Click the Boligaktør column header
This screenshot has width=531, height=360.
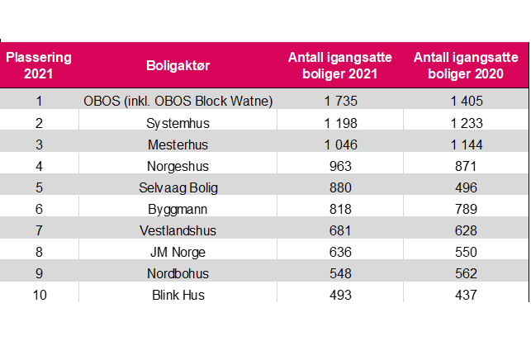178,65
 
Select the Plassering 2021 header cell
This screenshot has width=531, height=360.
39,65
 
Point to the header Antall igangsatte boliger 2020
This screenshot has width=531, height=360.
465,65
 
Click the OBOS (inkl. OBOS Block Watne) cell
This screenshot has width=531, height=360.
178,101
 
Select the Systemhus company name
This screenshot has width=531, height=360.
178,123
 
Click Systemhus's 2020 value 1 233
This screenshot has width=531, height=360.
465,123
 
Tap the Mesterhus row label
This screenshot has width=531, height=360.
178,144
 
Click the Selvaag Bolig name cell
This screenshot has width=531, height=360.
178,187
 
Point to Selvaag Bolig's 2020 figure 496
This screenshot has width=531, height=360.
465,187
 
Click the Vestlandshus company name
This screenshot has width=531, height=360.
178,230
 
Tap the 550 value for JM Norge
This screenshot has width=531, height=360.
465,252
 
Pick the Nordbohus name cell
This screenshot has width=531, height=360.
178,273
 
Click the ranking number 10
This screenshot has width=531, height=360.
39,295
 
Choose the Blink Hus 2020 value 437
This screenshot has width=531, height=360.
465,295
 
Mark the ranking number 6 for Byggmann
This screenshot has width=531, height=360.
39,209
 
